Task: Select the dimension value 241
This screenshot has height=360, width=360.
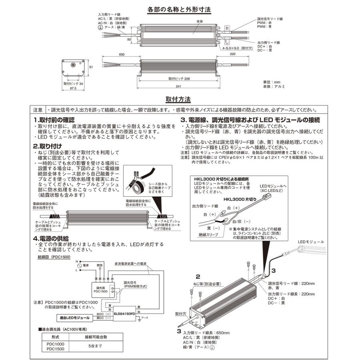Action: click(x=178, y=86)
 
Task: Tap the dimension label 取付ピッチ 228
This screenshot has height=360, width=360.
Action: click(x=179, y=79)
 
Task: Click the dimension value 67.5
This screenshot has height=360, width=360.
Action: click(x=72, y=89)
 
